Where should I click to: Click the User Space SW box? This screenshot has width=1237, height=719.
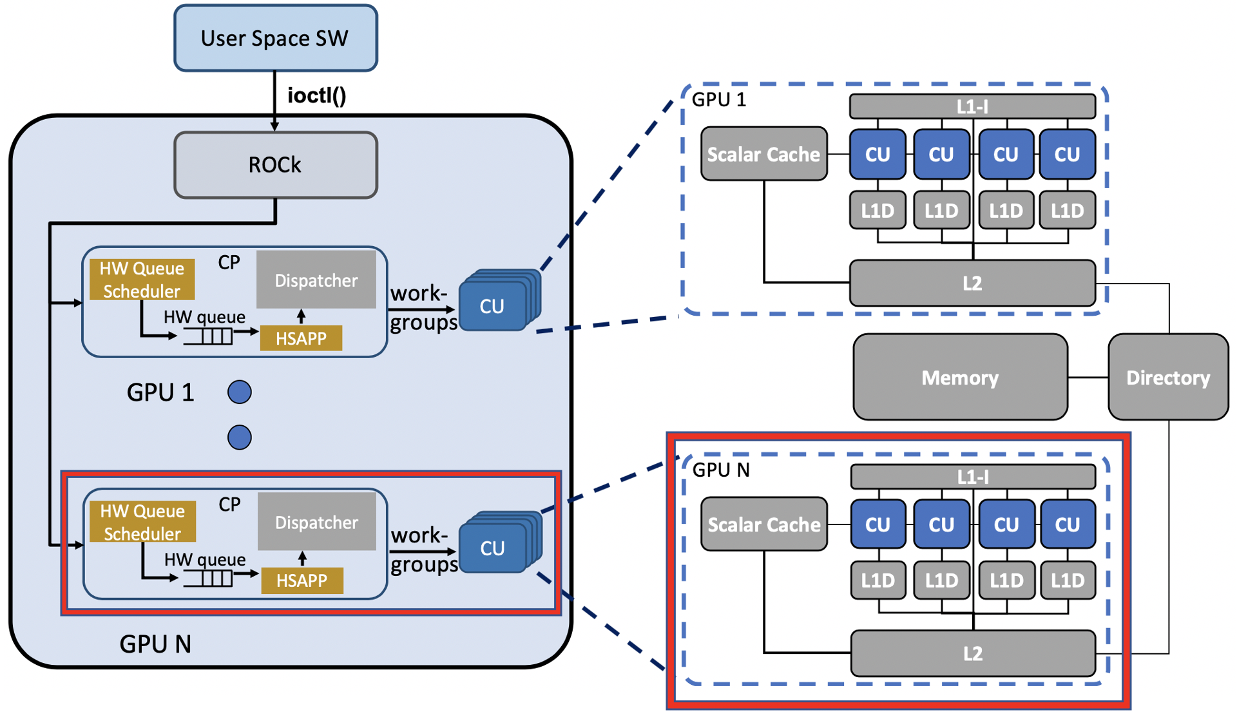tap(275, 38)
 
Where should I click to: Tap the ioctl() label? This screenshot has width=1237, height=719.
tap(316, 95)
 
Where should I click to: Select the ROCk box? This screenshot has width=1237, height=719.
tap(275, 165)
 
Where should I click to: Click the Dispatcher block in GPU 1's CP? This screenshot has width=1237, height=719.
tap(316, 280)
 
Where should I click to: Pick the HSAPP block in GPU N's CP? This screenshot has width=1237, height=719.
tap(302, 580)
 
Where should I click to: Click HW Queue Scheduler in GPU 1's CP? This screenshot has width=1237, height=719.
tap(142, 280)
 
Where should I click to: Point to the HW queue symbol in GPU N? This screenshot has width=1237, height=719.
tap(208, 579)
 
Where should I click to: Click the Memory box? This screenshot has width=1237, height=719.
tap(959, 377)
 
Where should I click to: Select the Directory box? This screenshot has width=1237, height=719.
tap(1167, 377)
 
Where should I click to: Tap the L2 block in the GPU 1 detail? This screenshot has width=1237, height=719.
tap(972, 283)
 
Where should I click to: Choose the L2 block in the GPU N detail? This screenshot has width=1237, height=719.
tap(972, 653)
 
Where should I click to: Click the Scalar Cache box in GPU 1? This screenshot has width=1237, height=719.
tap(763, 154)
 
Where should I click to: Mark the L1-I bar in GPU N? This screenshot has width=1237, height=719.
tap(972, 477)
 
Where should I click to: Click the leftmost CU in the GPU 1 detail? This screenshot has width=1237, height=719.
tap(877, 154)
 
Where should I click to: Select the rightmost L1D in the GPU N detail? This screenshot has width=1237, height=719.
tap(1067, 580)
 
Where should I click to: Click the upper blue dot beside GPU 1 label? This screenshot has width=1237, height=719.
tap(239, 392)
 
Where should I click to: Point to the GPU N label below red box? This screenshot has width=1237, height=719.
tap(155, 644)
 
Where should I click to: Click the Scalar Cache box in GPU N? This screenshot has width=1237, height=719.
tap(763, 524)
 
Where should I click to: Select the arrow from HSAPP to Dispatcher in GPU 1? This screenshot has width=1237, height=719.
tap(301, 316)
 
